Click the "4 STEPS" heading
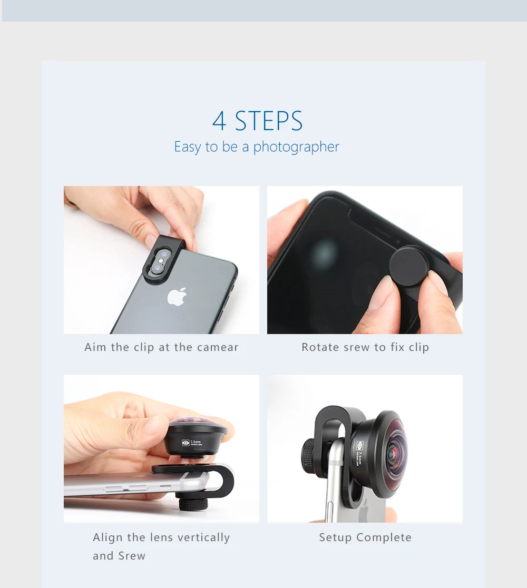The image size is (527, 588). coord(257,121)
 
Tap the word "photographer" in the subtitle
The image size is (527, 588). coord(296,146)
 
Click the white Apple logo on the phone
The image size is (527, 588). coord(177,297)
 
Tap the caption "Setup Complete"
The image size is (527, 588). coord(365,537)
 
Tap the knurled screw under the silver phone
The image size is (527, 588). coord(193,504)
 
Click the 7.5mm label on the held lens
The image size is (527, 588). coord(196,443)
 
